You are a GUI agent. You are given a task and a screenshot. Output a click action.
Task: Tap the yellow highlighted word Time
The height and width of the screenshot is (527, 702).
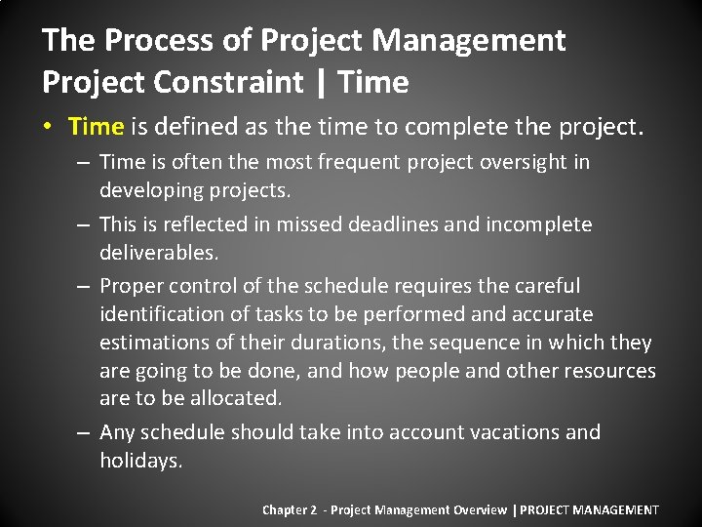[97, 126]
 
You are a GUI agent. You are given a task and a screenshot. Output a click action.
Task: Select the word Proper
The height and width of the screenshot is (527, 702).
[132, 287]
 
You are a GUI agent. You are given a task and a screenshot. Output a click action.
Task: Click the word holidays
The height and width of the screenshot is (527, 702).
[140, 461]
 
